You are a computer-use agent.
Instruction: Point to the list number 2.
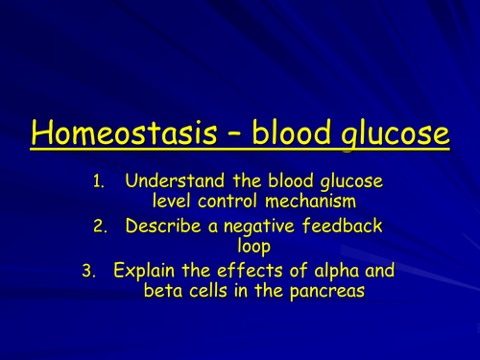click(108, 227)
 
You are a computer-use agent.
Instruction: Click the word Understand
click(175, 180)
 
